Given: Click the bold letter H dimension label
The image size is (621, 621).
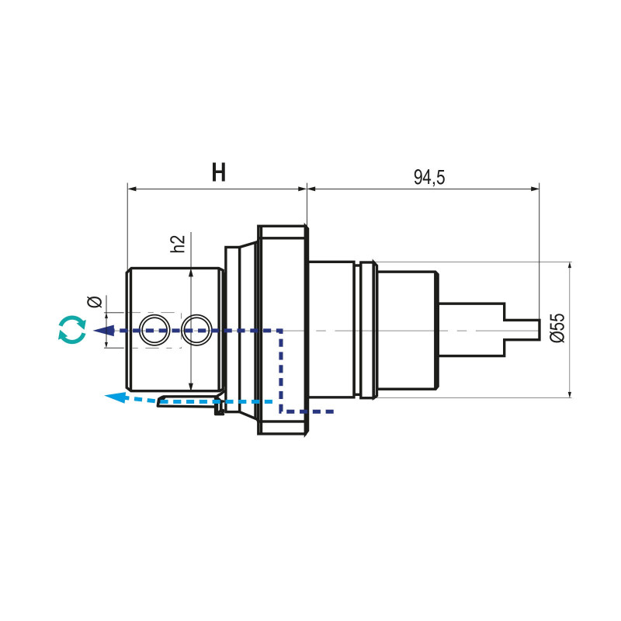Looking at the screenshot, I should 219,173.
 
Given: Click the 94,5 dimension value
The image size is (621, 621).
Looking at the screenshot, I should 429,178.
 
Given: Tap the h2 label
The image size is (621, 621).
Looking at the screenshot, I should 178,243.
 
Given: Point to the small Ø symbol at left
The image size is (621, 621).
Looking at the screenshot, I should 94,301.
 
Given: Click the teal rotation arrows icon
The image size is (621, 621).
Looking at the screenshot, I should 72,329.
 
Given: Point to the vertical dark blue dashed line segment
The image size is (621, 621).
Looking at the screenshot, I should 281,369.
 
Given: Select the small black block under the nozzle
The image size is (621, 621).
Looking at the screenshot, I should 220,411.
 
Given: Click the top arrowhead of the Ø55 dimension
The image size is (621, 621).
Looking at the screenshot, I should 570,266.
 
